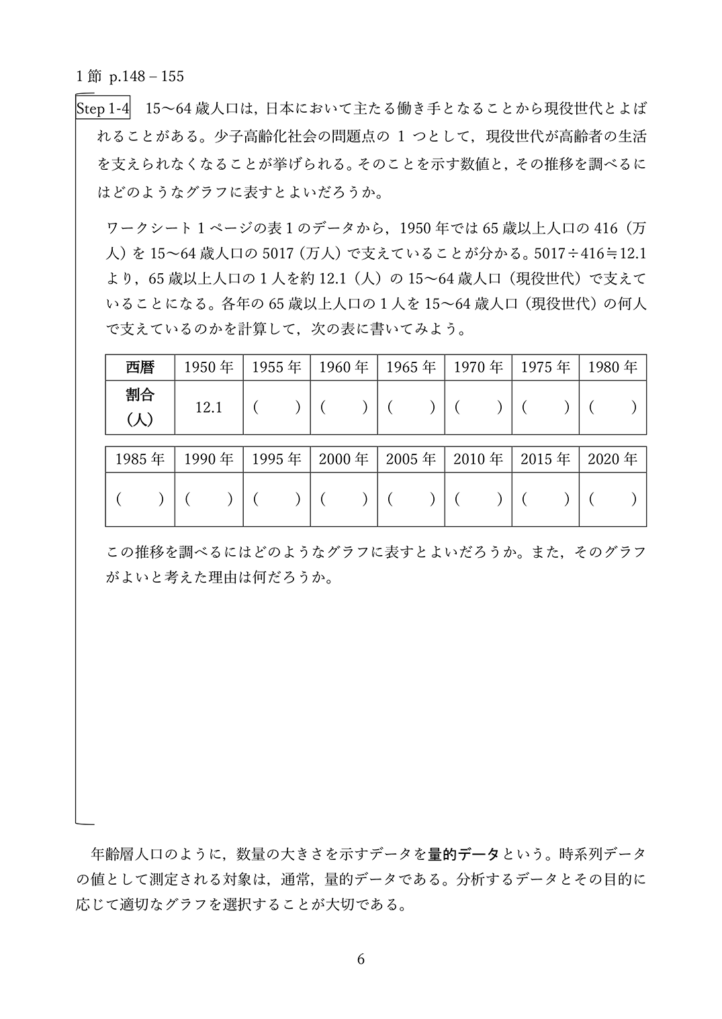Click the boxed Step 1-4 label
(x=103, y=109)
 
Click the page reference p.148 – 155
(x=146, y=77)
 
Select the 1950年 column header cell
(x=209, y=367)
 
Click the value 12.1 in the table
(x=209, y=407)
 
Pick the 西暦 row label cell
(x=140, y=367)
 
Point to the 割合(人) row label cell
(x=140, y=407)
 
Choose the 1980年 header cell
(x=613, y=367)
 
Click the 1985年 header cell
(x=140, y=459)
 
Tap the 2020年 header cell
(x=613, y=459)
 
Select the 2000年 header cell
(x=344, y=459)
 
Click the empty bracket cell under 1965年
(x=411, y=407)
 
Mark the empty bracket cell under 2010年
(x=478, y=499)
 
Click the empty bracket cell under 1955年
(x=277, y=407)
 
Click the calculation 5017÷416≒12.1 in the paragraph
(x=588, y=253)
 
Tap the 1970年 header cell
(x=478, y=367)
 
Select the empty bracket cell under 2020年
(x=613, y=499)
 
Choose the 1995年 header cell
(x=277, y=459)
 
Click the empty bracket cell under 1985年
(x=140, y=499)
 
